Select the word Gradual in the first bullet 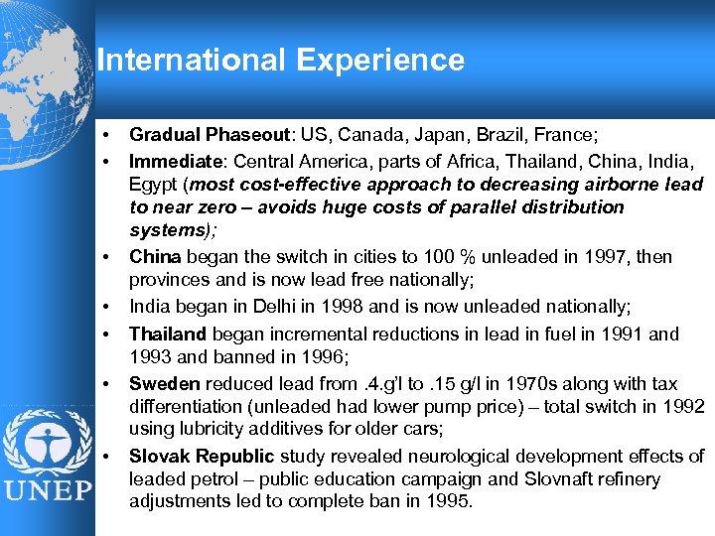pos(164,134)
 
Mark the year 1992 pos(684,405)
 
